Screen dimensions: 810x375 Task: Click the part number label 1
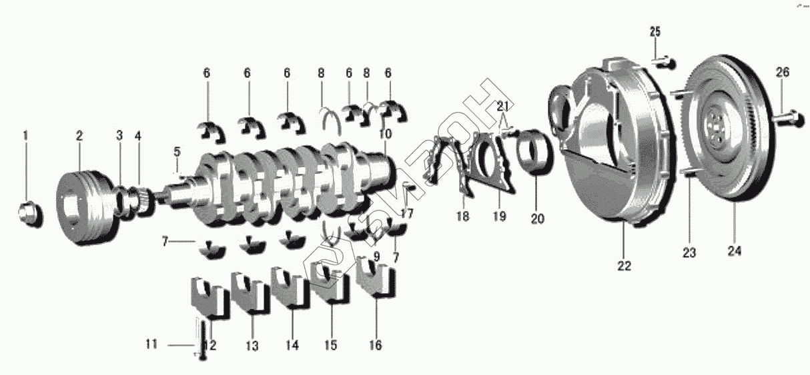click(25, 136)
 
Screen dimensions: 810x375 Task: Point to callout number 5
click(177, 152)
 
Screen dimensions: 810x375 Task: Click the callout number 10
click(386, 135)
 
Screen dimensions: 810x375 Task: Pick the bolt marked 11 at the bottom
click(203, 340)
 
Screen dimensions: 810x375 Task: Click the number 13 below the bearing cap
click(252, 346)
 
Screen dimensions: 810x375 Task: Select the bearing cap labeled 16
click(376, 278)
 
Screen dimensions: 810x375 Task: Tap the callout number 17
click(407, 214)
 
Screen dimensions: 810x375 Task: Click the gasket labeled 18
click(434, 170)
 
